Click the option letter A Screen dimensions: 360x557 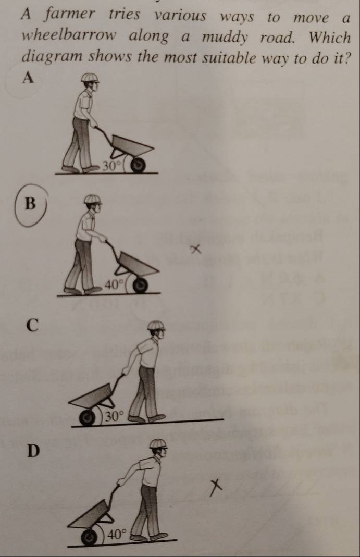pos(28,78)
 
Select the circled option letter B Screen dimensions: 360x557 pos(31,204)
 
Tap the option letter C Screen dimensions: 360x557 pos(32,325)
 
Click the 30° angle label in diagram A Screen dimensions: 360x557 pos(112,165)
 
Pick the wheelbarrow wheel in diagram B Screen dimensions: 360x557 pos(141,285)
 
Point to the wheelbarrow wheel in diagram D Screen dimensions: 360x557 pos(89,538)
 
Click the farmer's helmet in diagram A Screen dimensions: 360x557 pos(90,78)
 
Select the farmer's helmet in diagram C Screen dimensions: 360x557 pos(156,325)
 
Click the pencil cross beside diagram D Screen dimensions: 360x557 pos(216,487)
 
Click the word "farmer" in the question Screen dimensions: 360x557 pos(70,15)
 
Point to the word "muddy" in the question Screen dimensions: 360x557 pos(225,38)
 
